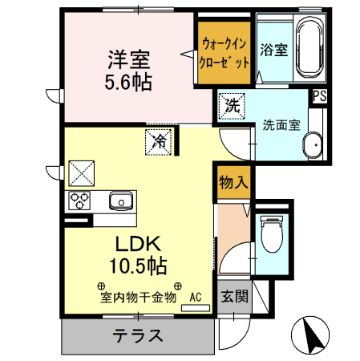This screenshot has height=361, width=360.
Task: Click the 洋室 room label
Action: click(x=127, y=59)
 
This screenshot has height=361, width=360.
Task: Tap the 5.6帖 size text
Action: click(x=127, y=81)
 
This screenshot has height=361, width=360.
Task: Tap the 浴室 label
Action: click(x=273, y=50)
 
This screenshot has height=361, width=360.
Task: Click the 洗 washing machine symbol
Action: click(x=232, y=104)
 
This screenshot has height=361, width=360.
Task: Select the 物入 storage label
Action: click(x=233, y=182)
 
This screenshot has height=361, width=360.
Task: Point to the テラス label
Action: click(x=138, y=335)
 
